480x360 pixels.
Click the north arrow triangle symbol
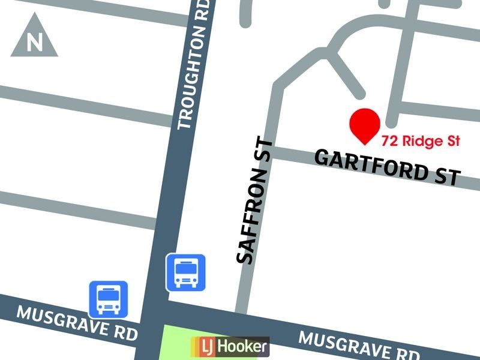tap(34, 40)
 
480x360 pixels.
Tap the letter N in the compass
tap(35, 43)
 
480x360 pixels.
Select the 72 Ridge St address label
tap(420, 142)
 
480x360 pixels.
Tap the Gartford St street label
tap(388, 167)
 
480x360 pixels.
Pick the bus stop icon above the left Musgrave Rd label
tap(109, 299)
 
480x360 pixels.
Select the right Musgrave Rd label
tap(359, 347)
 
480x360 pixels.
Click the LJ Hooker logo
tap(230, 347)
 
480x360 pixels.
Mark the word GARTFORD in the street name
tap(370, 164)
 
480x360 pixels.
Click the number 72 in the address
tap(389, 142)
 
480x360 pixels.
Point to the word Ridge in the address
tap(419, 142)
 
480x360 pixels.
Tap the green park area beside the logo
tap(178, 342)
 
